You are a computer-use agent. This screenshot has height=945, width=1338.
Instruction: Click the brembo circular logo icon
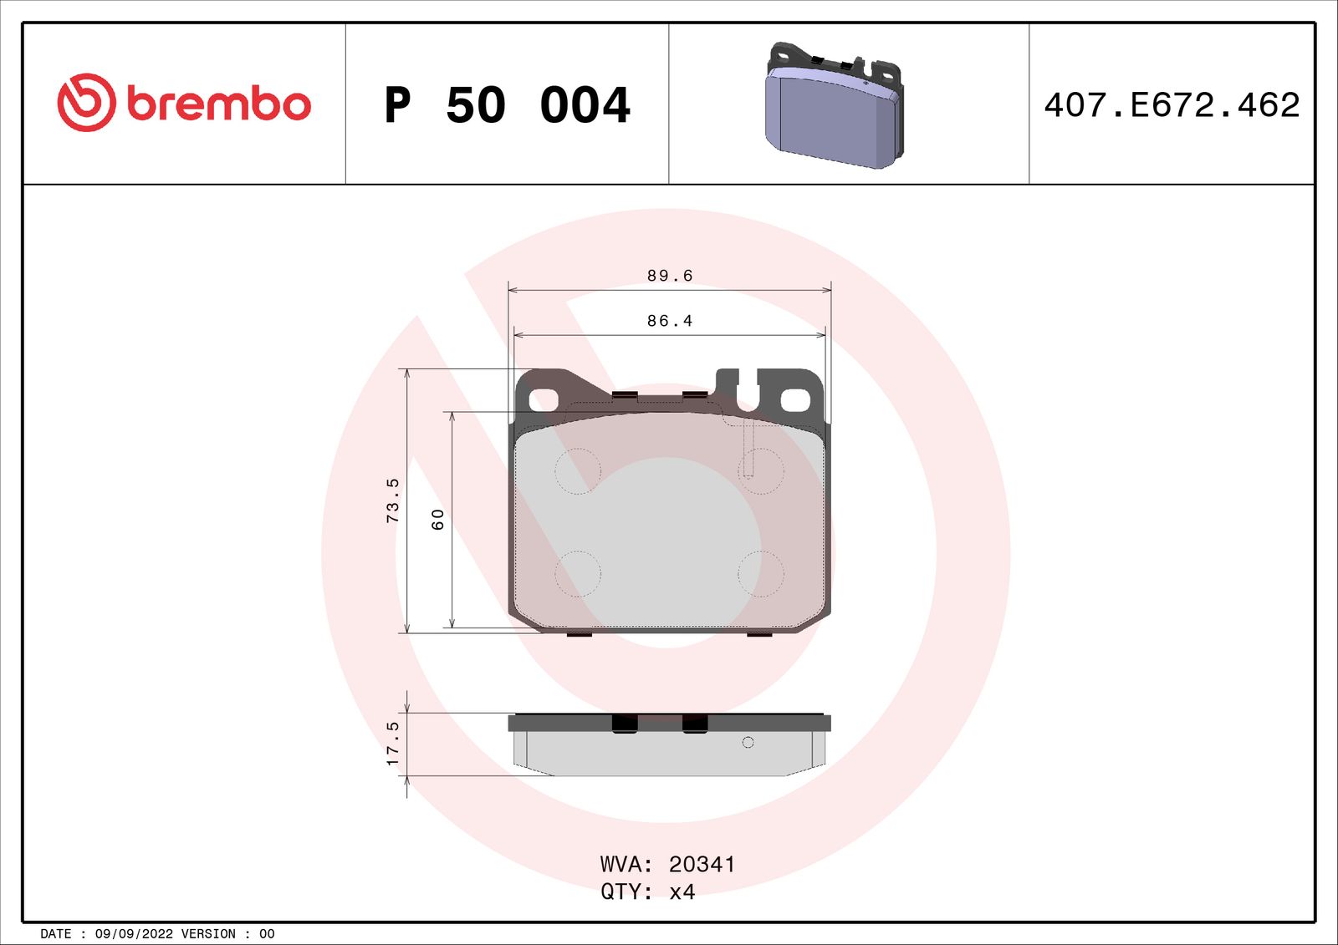[x=86, y=102]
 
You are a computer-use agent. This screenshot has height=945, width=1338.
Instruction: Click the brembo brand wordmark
[x=219, y=104]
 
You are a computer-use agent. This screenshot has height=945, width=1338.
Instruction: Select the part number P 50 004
[x=507, y=105]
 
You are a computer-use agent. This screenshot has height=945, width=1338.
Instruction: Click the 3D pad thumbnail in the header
[x=835, y=106]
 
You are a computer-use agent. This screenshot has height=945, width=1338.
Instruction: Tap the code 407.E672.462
[x=1172, y=105]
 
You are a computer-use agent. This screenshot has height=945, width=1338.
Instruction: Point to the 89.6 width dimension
[x=670, y=276]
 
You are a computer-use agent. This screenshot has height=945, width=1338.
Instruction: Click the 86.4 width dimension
[x=670, y=321]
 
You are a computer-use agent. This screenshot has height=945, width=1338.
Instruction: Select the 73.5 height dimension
[x=392, y=500]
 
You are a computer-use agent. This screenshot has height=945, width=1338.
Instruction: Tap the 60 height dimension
[x=437, y=519]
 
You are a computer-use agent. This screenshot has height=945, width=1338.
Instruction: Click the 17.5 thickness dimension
[x=392, y=744]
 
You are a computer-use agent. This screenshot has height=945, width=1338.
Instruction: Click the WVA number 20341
[x=702, y=864]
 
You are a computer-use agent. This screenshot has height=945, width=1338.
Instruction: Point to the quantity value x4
[x=682, y=892]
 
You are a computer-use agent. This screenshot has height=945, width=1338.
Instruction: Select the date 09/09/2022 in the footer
[x=134, y=934]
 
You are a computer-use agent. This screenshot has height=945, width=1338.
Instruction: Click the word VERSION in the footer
[x=208, y=934]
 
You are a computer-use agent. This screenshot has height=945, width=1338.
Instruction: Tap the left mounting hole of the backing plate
[x=544, y=400]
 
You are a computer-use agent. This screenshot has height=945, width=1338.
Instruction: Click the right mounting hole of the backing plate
[x=795, y=400]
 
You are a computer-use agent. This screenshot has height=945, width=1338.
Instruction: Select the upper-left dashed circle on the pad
[x=578, y=471]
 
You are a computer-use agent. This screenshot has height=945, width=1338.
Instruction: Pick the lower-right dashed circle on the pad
[x=761, y=574]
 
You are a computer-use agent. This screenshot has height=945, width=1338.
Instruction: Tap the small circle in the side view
[x=748, y=742]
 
